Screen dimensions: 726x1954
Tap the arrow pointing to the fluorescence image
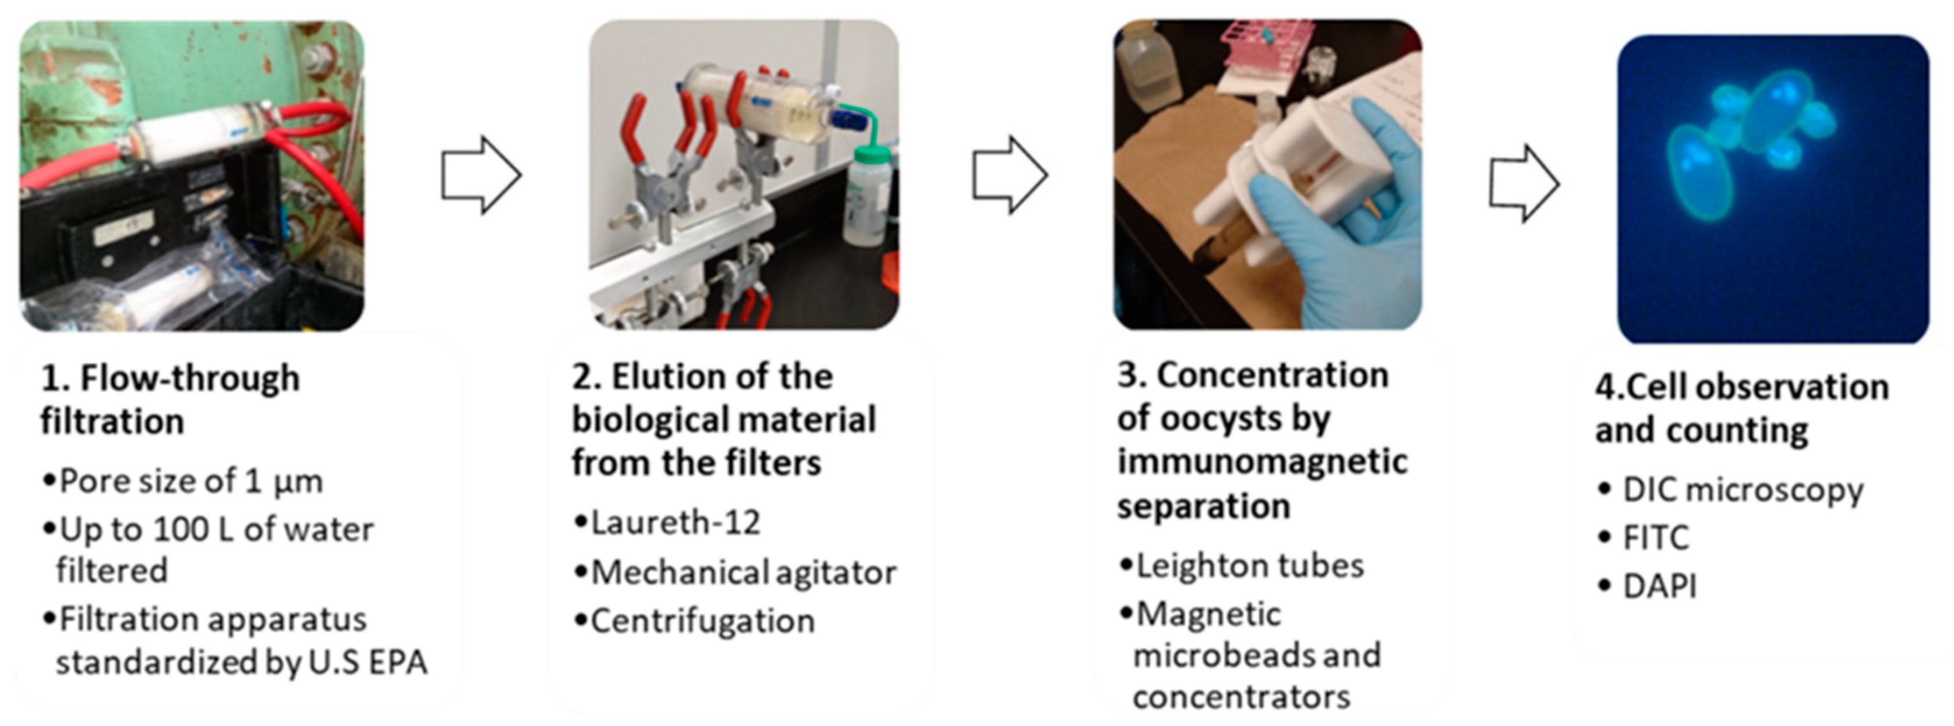[x=1523, y=183]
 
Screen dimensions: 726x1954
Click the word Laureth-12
[x=675, y=523]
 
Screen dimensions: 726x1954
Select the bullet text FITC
[x=1655, y=538]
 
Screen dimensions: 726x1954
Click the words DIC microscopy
[x=1743, y=490]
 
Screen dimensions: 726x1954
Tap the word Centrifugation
[x=702, y=621]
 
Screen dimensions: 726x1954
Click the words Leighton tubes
[x=1249, y=566]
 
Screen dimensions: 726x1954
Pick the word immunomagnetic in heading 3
[x=1262, y=461]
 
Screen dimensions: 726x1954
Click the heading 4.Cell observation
[x=1741, y=388]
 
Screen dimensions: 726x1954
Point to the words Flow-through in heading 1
[x=190, y=378]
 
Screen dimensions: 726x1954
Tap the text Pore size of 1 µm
[x=191, y=481]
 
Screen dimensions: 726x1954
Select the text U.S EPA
[x=368, y=663]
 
